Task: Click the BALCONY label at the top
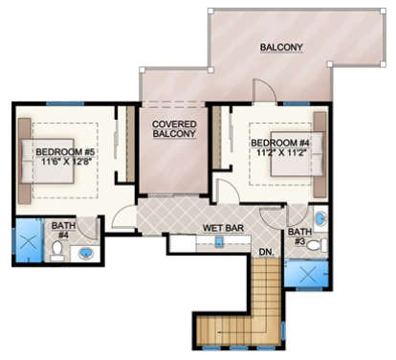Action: coord(279,47)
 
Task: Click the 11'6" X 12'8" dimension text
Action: coord(66,164)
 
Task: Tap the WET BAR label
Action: coord(221,228)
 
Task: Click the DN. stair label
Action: coord(267,252)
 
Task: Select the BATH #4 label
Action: coord(61,229)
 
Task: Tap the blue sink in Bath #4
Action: coord(87,254)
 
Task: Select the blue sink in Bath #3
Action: coord(320,218)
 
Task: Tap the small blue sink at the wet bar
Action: coord(219,241)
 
